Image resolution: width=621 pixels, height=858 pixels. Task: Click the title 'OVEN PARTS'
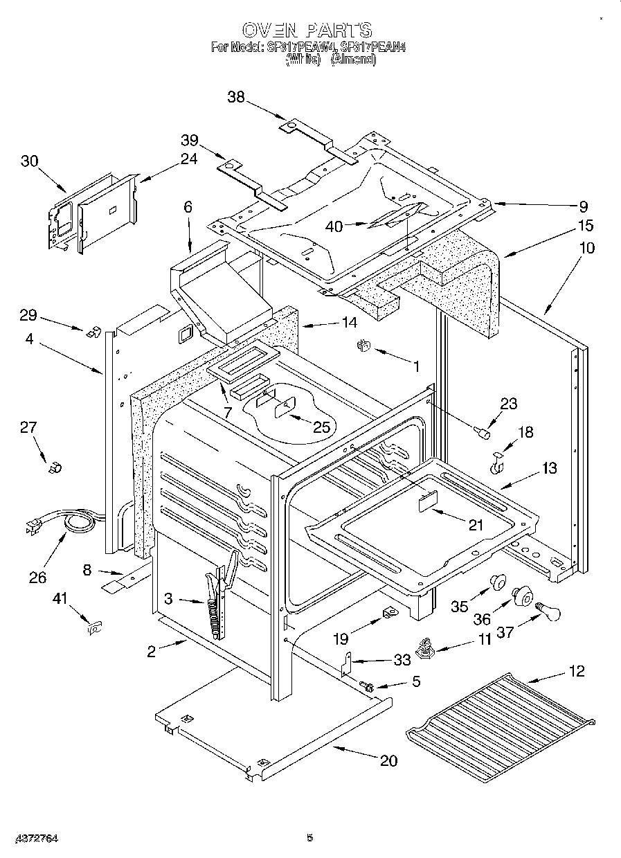pyautogui.click(x=307, y=30)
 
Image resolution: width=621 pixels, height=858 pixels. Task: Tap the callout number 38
pyautogui.click(x=236, y=98)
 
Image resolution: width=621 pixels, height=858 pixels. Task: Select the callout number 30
pyautogui.click(x=29, y=161)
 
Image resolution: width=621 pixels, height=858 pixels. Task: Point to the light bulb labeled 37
pyautogui.click(x=546, y=611)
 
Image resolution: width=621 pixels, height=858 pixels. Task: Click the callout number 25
pyautogui.click(x=321, y=427)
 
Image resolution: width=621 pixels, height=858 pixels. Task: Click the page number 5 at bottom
pyautogui.click(x=309, y=837)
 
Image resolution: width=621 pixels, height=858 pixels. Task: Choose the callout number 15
pyautogui.click(x=586, y=226)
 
